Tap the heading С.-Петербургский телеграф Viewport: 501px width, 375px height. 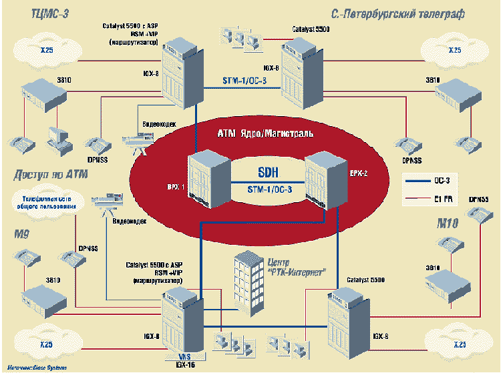(398, 14)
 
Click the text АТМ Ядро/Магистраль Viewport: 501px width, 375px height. (265, 133)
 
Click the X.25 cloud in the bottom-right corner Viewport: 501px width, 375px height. (454, 345)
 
